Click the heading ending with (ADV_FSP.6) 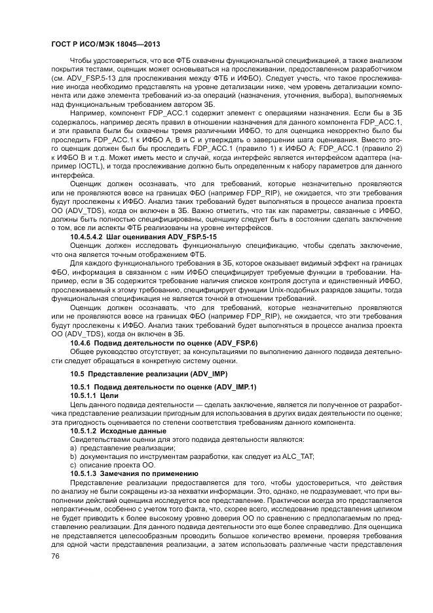coord(164,342)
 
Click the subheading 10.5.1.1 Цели coord(94,395)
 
